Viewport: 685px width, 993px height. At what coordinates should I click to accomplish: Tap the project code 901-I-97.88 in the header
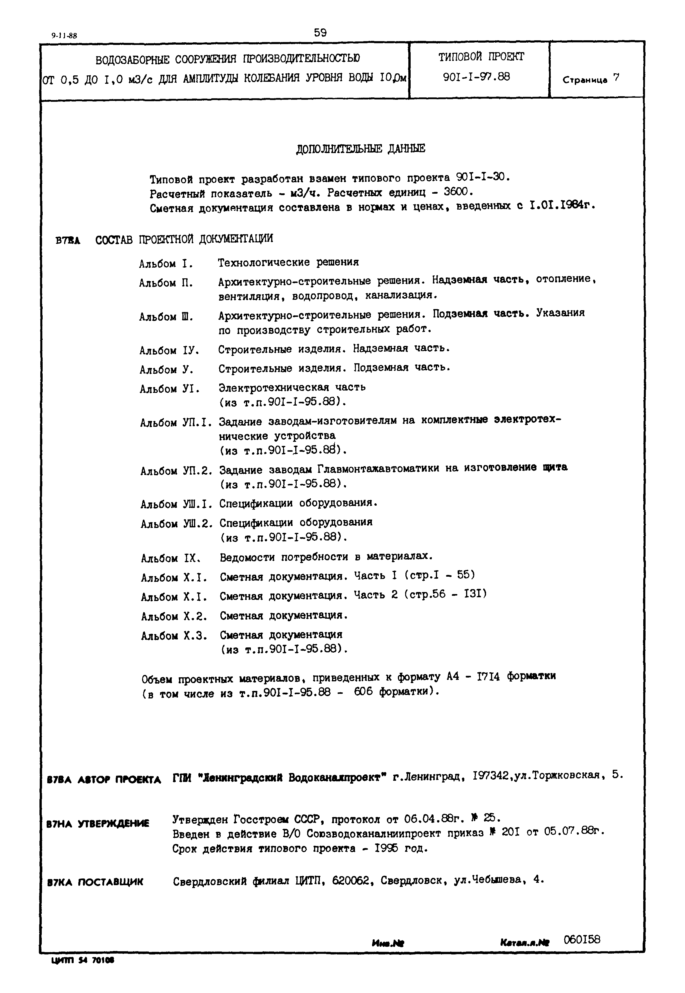[476, 77]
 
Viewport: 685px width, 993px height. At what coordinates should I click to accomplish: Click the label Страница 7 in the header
[591, 79]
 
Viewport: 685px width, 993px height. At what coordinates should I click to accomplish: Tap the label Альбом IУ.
[169, 351]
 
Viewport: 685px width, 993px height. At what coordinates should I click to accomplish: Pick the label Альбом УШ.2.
[176, 524]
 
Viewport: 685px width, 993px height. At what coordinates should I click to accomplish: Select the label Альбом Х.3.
[174, 636]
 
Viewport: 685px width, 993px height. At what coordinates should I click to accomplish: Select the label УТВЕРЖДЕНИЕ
[113, 823]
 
